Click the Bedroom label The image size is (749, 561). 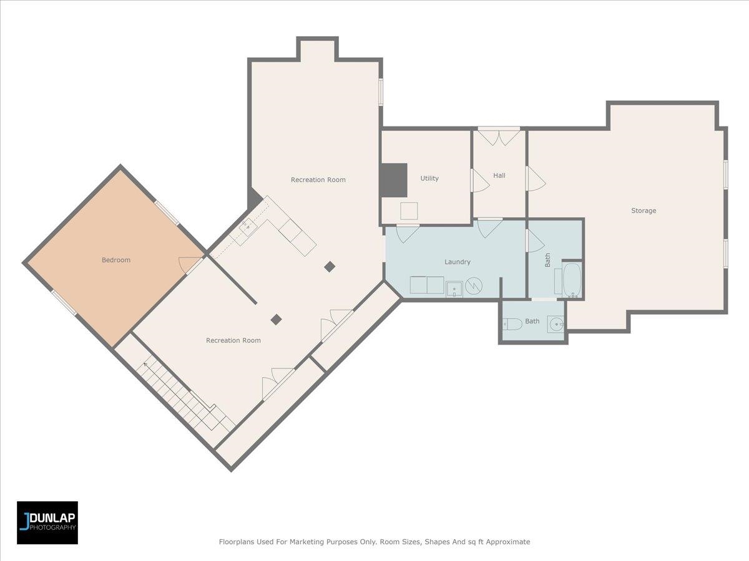tap(116, 260)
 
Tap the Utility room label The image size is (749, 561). tap(429, 178)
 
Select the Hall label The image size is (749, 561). tap(499, 175)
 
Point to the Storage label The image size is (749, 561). tap(644, 211)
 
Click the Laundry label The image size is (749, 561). tap(458, 262)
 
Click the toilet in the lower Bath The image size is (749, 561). tap(512, 324)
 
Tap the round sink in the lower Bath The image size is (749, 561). tap(556, 324)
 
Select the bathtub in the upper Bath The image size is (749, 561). tap(572, 280)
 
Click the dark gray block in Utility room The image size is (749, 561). tap(394, 180)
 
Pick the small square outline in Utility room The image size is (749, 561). tap(409, 211)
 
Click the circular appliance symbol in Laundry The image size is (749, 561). tap(474, 285)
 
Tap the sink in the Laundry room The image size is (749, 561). tap(454, 289)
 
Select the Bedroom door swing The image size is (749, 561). tap(188, 264)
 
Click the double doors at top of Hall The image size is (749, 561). tap(499, 137)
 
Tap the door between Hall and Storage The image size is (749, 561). tap(536, 178)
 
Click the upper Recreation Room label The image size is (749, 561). tap(318, 180)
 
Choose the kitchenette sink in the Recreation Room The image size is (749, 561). tap(247, 226)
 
